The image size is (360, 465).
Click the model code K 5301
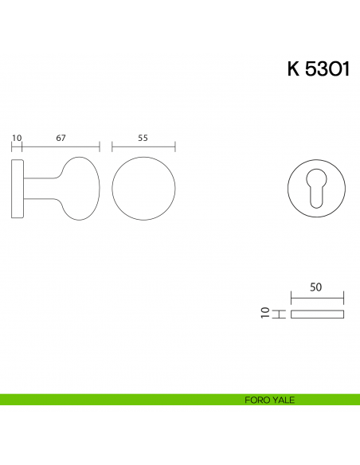tap(319, 69)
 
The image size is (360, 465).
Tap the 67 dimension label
tap(61, 138)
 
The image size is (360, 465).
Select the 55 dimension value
tap(143, 138)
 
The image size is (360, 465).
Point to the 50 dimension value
tap(316, 287)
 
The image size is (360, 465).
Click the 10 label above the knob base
tap(17, 138)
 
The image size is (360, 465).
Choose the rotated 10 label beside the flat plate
tap(265, 313)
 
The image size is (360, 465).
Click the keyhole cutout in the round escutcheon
tap(316, 188)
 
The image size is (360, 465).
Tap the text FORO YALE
tap(269, 400)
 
